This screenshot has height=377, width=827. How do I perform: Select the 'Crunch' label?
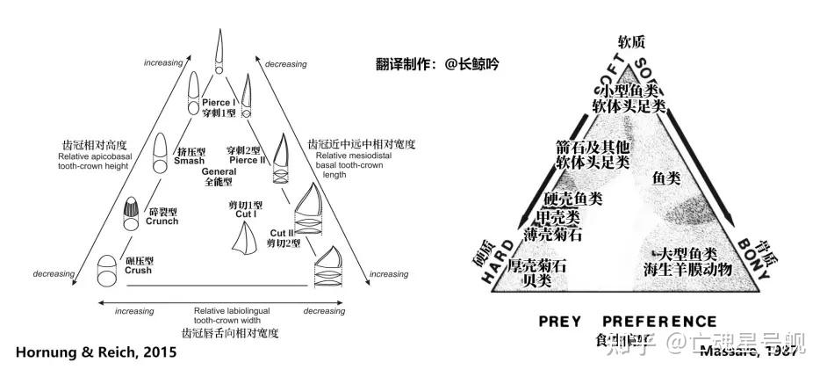pyautogui.click(x=162, y=221)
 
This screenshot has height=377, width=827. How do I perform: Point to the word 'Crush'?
pyautogui.click(x=137, y=271)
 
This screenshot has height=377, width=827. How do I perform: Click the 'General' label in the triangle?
pyautogui.click(x=220, y=172)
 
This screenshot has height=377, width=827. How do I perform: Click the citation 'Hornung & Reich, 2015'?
pyautogui.click(x=96, y=352)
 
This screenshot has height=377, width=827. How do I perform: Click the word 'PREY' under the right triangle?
pyautogui.click(x=565, y=322)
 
